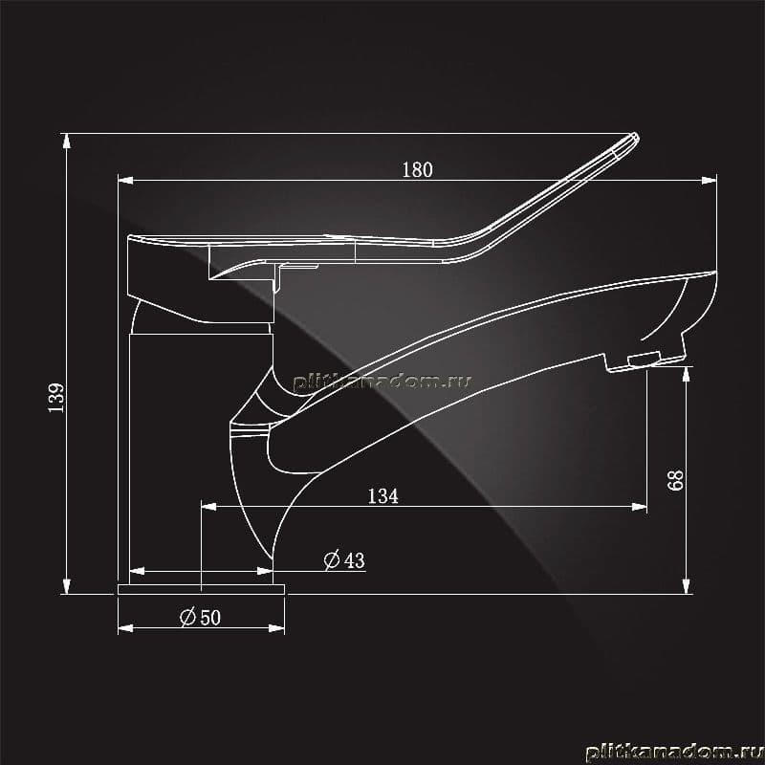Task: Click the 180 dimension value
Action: (417, 170)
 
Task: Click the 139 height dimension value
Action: (56, 398)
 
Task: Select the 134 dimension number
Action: (383, 496)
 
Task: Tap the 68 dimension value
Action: (675, 480)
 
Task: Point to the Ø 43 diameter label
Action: (344, 559)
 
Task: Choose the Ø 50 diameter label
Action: (201, 617)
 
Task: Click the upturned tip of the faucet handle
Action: (633, 138)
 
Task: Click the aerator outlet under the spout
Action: (644, 360)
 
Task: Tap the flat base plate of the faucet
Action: (201, 589)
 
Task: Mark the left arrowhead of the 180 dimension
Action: (125, 181)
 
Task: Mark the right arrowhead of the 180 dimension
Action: (710, 181)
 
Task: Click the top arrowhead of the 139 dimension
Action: (66, 141)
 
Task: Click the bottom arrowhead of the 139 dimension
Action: (66, 586)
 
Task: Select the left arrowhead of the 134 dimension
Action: (208, 507)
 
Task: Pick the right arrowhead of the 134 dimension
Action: (639, 507)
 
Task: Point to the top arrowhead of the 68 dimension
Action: (686, 374)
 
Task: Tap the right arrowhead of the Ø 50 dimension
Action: (276, 628)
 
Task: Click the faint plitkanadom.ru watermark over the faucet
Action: (382, 381)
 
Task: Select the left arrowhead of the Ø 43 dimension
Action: (137, 571)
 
